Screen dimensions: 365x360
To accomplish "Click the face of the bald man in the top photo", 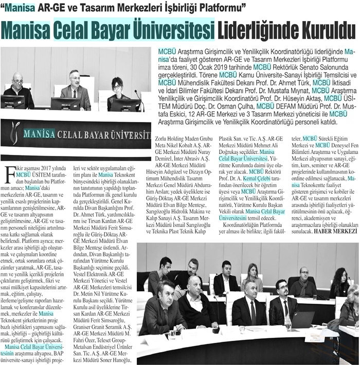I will point(19,79).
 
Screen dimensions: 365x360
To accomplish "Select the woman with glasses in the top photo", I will point(117,88).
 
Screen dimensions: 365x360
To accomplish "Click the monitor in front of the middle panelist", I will point(65,103).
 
